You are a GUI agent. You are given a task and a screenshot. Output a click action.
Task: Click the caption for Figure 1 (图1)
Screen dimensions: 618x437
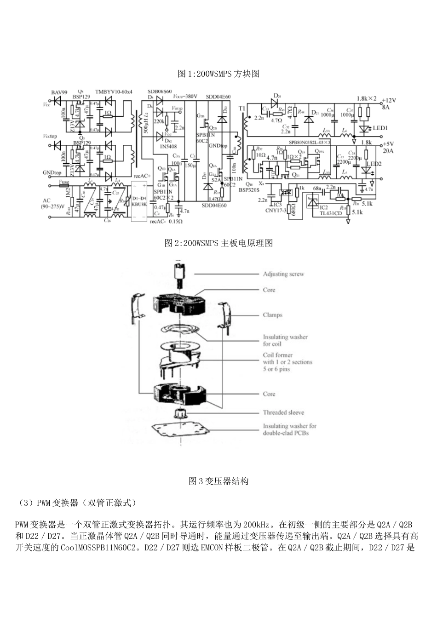point(218,74)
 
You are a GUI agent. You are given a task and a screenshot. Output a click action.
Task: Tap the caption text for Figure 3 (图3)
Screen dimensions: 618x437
point(218,481)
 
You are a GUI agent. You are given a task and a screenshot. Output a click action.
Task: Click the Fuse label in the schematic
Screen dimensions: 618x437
point(64,182)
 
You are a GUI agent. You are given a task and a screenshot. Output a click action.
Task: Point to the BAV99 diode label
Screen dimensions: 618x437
point(59,92)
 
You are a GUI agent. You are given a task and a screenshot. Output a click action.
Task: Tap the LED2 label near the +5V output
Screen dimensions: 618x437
point(374,164)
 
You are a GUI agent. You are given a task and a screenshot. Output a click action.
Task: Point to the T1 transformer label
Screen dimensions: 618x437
point(242,108)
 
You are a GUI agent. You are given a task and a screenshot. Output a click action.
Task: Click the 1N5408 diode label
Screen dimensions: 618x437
point(165,146)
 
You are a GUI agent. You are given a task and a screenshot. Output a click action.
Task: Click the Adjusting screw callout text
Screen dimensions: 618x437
point(283,274)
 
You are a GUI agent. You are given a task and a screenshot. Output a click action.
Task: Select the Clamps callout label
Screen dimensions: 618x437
point(272,315)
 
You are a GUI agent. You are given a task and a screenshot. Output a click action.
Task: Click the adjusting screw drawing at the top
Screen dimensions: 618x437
point(179,274)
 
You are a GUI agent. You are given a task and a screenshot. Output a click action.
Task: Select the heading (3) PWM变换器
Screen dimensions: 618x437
point(76,503)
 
